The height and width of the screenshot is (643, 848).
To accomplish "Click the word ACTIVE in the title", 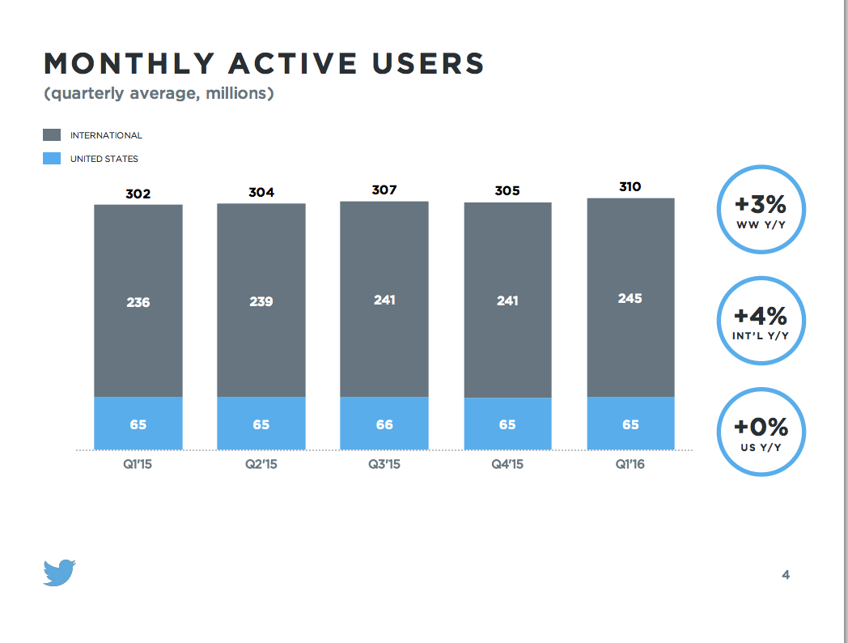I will [x=282, y=63].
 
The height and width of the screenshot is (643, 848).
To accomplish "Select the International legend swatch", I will [x=52, y=135].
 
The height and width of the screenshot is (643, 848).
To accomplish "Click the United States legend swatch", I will [x=52, y=159].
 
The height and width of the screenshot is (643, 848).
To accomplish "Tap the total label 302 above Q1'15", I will [x=138, y=194].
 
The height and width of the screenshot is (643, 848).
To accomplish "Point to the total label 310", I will [x=630, y=187].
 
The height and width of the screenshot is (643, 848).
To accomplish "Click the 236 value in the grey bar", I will [x=138, y=302].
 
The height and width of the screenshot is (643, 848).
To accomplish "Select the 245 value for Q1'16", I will [x=630, y=298].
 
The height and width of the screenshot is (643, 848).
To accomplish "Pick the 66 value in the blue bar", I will [x=384, y=424].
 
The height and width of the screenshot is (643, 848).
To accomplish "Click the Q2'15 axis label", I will [x=261, y=466].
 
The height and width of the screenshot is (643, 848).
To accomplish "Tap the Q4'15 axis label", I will [x=507, y=466].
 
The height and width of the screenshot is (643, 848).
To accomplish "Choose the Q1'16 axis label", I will [x=630, y=466].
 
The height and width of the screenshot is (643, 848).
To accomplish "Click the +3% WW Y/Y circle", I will [x=761, y=210].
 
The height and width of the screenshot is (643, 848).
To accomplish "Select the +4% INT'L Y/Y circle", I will [x=761, y=321].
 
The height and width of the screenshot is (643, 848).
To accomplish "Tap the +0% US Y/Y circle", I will [x=761, y=432].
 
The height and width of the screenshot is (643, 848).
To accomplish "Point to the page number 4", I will [x=786, y=575].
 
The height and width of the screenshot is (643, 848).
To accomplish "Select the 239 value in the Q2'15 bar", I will [x=261, y=301].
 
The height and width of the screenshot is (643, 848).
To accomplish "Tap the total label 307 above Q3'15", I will [x=384, y=189].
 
